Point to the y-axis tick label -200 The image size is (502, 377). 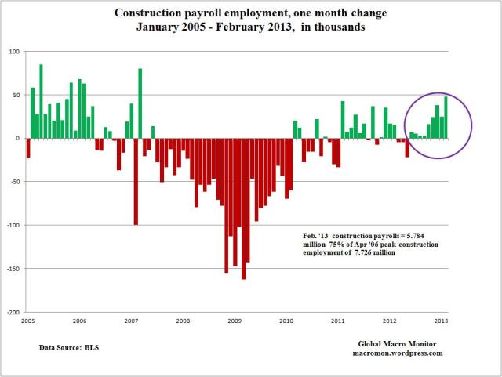(x=13, y=312)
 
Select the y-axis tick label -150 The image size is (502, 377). (x=13, y=268)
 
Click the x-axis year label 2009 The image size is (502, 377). (x=234, y=321)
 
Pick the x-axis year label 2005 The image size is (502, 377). (x=28, y=321)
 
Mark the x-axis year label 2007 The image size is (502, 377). (x=131, y=321)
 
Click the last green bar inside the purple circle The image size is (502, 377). (x=446, y=118)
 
